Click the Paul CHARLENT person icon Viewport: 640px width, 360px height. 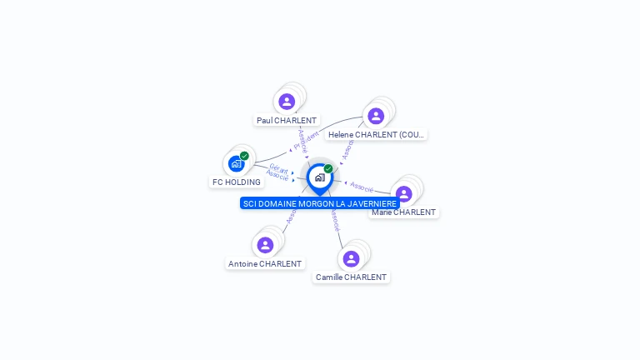(287, 102)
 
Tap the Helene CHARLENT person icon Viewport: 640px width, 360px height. (376, 116)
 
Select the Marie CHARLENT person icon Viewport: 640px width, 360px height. (404, 194)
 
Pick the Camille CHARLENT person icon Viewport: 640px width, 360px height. (351, 258)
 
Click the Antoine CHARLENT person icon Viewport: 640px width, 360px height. (265, 245)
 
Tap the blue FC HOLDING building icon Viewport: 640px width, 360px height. (236, 163)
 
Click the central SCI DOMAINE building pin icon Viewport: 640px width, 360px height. (319, 177)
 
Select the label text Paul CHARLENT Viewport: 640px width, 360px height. (287, 121)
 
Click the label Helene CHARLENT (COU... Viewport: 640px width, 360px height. (377, 134)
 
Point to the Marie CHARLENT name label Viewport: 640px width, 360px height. (403, 212)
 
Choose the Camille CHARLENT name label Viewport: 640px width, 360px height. (351, 277)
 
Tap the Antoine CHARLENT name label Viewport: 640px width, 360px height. (265, 264)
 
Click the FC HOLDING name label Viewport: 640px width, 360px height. (237, 182)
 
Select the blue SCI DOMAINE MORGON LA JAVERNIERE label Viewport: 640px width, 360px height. (320, 203)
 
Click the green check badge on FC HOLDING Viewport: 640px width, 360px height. (244, 156)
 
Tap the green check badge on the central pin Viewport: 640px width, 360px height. (328, 169)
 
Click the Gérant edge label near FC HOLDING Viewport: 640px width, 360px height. (279, 169)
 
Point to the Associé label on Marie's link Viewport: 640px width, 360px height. (361, 186)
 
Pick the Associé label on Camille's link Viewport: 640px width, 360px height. (335, 220)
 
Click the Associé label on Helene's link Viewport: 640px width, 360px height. (347, 148)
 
